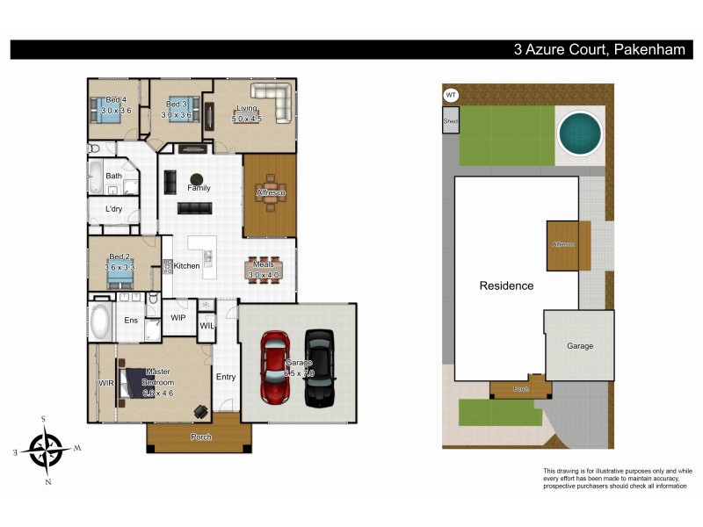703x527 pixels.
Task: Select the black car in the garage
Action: (318, 368)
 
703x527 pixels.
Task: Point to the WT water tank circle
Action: (451, 95)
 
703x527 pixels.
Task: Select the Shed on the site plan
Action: (451, 121)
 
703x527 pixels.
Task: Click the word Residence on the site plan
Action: (506, 285)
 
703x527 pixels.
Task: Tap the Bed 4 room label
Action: (115, 100)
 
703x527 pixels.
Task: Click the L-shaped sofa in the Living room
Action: (273, 101)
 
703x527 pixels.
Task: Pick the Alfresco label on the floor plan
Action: (269, 191)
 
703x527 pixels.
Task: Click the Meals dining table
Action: (265, 269)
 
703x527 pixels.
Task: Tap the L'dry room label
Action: (114, 209)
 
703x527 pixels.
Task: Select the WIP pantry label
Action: (178, 317)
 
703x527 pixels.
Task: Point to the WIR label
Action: (105, 383)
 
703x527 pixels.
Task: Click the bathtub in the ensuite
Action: (99, 321)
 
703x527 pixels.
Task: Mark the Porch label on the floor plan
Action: (201, 436)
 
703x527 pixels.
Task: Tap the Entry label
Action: (226, 377)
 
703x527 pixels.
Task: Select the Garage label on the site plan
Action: (579, 346)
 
